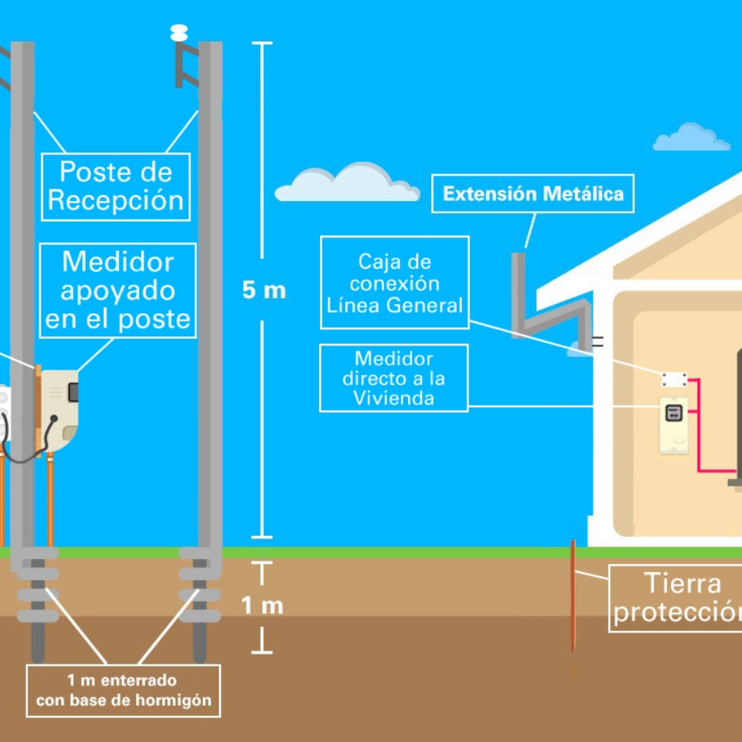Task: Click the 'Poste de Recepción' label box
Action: [x=116, y=185]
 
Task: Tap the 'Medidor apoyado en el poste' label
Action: [x=117, y=290]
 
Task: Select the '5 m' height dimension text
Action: [x=264, y=290]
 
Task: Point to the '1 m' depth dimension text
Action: [x=262, y=606]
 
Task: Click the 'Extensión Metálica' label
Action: [x=533, y=195]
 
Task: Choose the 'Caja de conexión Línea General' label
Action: [x=395, y=283]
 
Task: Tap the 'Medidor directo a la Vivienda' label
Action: [x=393, y=378]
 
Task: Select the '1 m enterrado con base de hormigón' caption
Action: [x=123, y=691]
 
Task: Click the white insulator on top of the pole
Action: [x=179, y=33]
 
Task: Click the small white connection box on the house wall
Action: [x=674, y=379]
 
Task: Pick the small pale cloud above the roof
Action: [x=691, y=139]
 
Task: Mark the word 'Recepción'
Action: [x=116, y=200]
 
